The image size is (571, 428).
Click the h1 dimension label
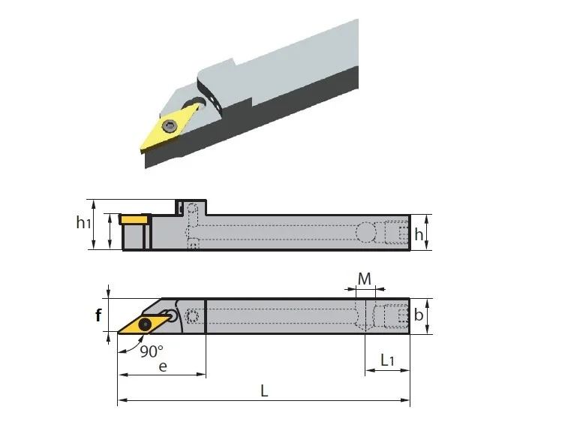click(83, 222)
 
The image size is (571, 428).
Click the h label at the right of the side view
click(419, 234)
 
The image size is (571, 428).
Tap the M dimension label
click(364, 279)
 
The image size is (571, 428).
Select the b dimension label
click(419, 315)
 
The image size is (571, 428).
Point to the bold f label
click(98, 315)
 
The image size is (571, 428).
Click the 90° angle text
click(152, 351)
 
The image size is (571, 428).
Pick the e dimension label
click(163, 366)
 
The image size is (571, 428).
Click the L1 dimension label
click(387, 360)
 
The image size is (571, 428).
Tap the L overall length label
click(264, 391)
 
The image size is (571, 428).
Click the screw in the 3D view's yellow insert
click(170, 126)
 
